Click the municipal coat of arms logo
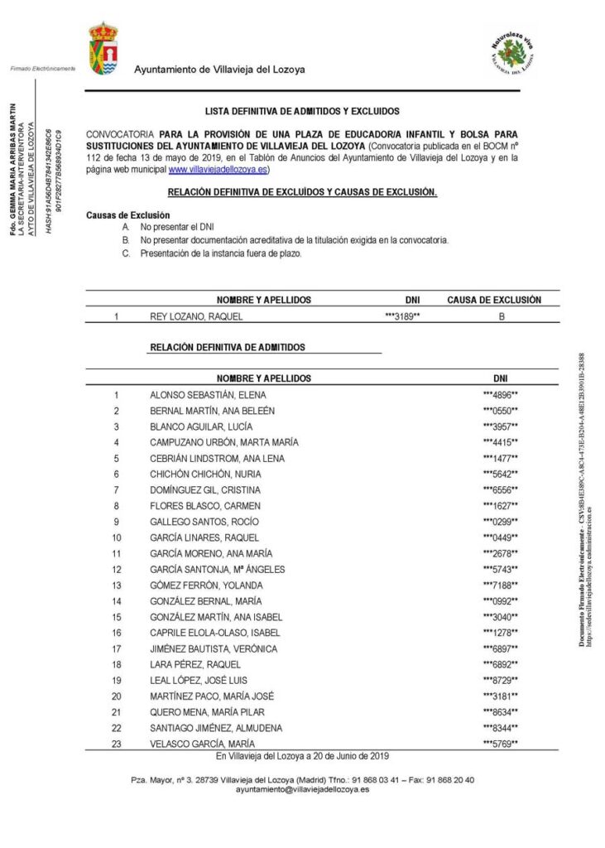click(x=103, y=49)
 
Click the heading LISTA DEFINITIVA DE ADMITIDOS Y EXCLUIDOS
click(x=302, y=110)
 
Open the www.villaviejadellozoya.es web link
click(x=218, y=169)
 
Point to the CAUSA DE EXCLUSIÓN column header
click(x=494, y=299)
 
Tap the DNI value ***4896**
click(x=500, y=395)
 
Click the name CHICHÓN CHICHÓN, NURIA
click(x=205, y=475)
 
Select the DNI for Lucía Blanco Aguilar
click(x=500, y=426)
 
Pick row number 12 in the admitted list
click(x=117, y=570)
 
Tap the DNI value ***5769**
click(x=500, y=744)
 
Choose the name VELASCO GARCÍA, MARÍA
click(x=202, y=744)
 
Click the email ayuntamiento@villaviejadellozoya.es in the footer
click(x=302, y=790)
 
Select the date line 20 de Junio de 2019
click(x=302, y=756)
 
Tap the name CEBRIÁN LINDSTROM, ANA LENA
click(x=217, y=459)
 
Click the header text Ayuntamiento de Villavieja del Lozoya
click(x=219, y=70)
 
